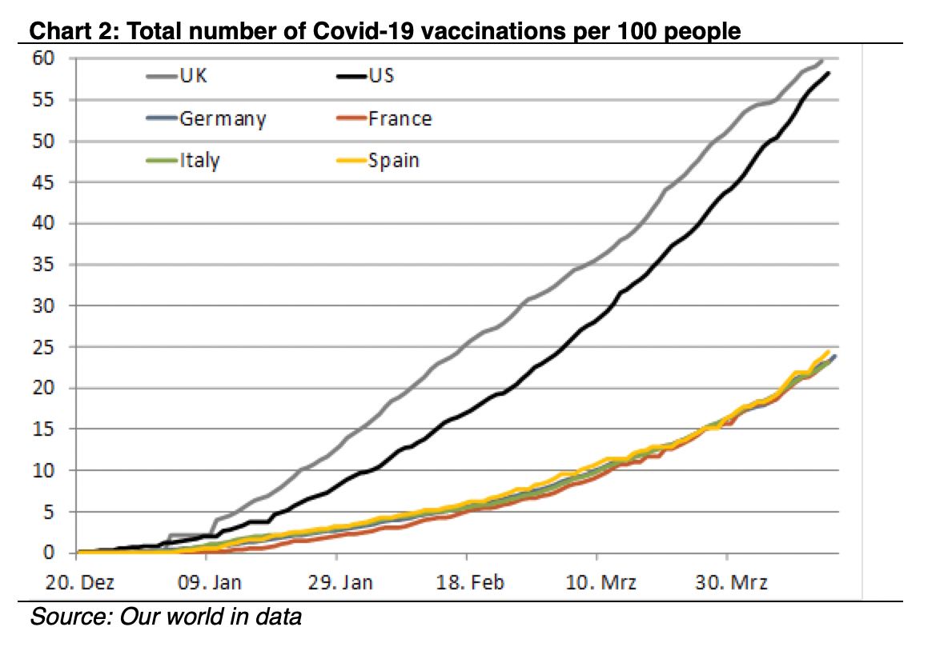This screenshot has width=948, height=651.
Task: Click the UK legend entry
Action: pyautogui.click(x=176, y=75)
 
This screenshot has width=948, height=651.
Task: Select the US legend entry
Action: pyautogui.click(x=365, y=75)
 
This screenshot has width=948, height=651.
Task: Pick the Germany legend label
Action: pyautogui.click(x=223, y=118)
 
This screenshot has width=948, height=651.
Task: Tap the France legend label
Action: pyautogui.click(x=400, y=118)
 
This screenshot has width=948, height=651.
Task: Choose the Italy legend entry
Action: pyautogui.click(x=183, y=161)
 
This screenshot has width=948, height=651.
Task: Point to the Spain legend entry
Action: pyautogui.click(x=378, y=161)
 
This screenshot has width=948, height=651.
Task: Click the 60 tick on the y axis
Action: pyautogui.click(x=43, y=58)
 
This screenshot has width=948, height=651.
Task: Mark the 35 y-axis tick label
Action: pyautogui.click(x=43, y=265)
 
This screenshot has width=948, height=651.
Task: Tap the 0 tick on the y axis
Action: pyautogui.click(x=48, y=552)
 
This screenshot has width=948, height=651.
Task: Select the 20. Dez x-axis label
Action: pyautogui.click(x=80, y=582)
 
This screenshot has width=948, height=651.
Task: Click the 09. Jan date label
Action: pyautogui.click(x=209, y=582)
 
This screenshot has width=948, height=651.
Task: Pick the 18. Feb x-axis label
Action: pyautogui.click(x=470, y=582)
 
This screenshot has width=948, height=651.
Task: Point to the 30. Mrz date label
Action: pyautogui.click(x=731, y=582)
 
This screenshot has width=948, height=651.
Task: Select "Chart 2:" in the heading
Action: pyautogui.click(x=74, y=30)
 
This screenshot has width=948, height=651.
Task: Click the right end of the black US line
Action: pyautogui.click(x=828, y=73)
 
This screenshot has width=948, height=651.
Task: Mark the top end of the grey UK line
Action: pyautogui.click(x=821, y=60)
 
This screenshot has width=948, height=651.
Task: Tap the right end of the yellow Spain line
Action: pyautogui.click(x=828, y=351)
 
